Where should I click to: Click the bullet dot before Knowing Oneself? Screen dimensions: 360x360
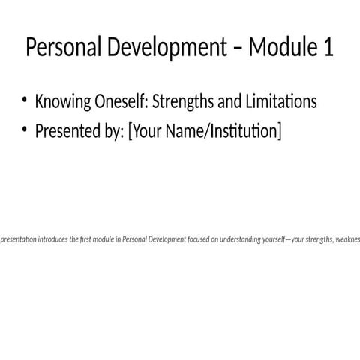(x=24, y=100)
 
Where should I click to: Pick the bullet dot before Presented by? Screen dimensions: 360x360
(x=24, y=131)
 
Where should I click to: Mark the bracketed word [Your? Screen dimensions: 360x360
(x=145, y=133)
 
